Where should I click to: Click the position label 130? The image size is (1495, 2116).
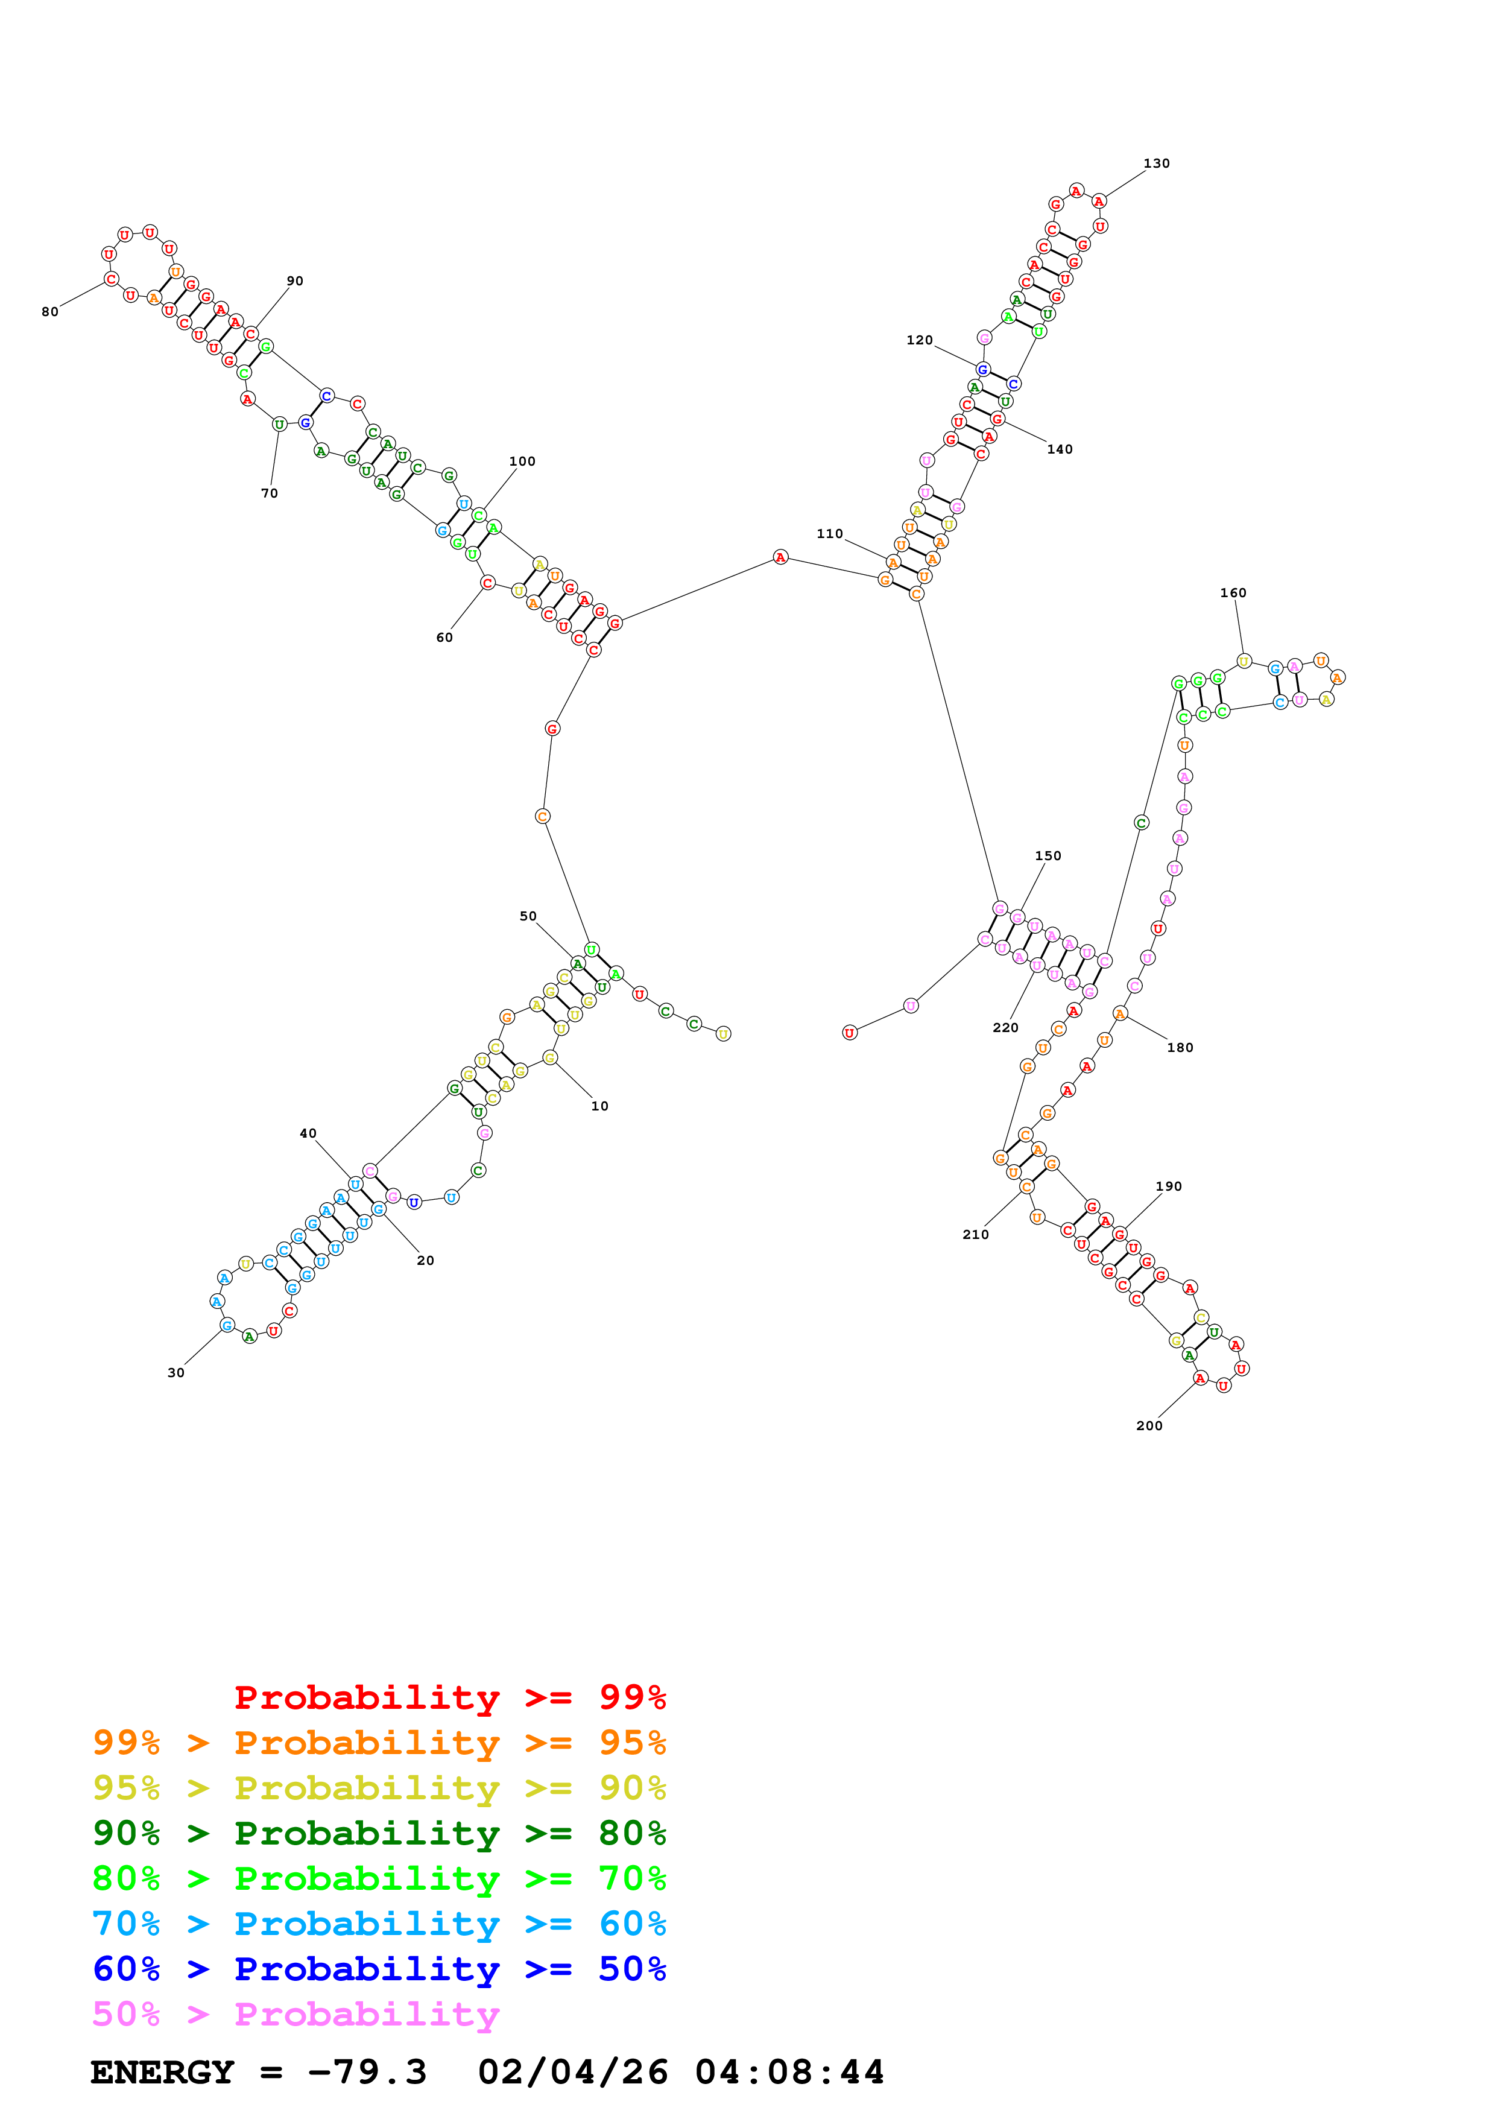coord(1156,163)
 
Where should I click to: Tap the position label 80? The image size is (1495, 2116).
coord(49,311)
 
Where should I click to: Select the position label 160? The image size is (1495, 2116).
coord(1233,592)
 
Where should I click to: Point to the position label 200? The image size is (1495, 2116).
coord(1149,1426)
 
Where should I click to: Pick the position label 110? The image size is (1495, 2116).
coord(829,534)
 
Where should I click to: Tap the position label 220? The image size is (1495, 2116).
coord(1005,1028)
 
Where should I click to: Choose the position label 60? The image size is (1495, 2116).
coord(444,638)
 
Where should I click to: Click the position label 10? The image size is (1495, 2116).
coord(599,1106)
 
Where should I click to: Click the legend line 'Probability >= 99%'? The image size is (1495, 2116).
coord(449,1697)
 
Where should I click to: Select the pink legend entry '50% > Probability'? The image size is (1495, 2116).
coord(296,2015)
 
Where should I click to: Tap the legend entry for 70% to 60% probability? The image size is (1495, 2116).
coord(379,1924)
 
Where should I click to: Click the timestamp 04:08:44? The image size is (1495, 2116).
coord(789,2073)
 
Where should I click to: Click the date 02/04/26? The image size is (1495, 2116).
coord(573,2073)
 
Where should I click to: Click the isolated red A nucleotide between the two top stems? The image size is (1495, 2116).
coord(780,557)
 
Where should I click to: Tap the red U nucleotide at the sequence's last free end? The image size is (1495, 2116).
coord(849,1033)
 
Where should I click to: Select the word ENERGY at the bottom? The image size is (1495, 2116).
coord(162,2073)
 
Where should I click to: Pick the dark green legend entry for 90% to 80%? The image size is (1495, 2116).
coord(379,1834)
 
